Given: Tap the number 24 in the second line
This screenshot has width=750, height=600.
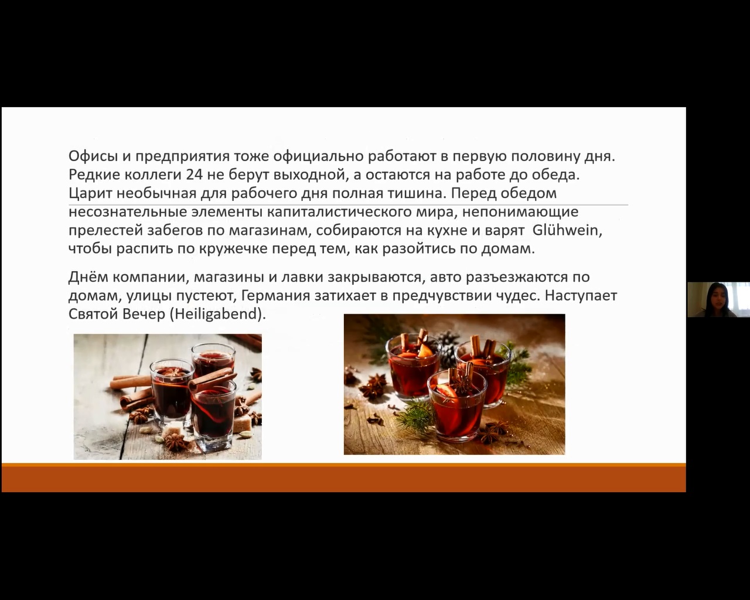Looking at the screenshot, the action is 195,175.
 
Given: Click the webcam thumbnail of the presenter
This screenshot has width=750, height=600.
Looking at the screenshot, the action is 718,299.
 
